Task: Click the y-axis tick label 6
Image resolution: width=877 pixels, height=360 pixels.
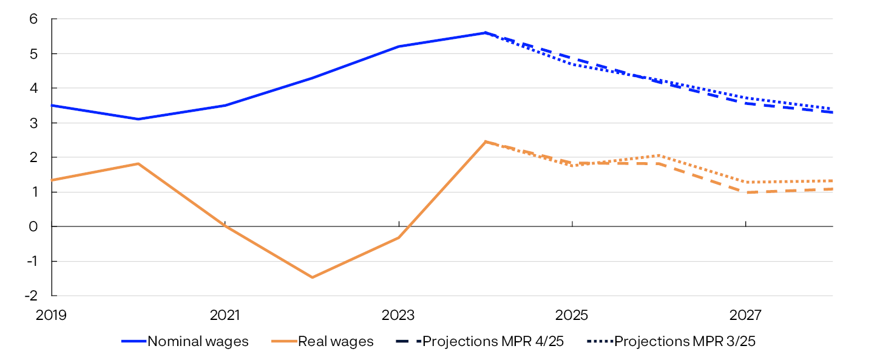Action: pyautogui.click(x=34, y=19)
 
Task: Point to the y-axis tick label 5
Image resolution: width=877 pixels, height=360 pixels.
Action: pyautogui.click(x=34, y=54)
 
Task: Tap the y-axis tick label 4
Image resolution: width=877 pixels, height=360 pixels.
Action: pyautogui.click(x=34, y=89)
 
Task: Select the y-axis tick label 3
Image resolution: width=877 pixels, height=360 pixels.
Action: pyautogui.click(x=34, y=123)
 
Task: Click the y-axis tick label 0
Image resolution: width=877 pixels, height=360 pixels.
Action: pyautogui.click(x=34, y=226)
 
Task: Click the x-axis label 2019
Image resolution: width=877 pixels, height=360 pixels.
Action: pyautogui.click(x=52, y=316)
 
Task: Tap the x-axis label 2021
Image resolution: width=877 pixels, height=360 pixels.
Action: pyautogui.click(x=225, y=316)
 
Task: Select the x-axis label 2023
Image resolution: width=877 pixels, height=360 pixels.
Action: pyautogui.click(x=398, y=316)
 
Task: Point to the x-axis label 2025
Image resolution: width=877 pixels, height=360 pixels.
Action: pyautogui.click(x=572, y=316)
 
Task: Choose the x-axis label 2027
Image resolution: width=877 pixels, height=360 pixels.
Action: pyautogui.click(x=745, y=316)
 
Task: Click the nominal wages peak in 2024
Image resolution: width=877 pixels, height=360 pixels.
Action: pyautogui.click(x=485, y=33)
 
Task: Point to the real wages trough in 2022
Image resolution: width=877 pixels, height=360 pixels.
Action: pyautogui.click(x=312, y=277)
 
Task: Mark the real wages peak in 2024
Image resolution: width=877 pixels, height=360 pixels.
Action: pyautogui.click(x=485, y=141)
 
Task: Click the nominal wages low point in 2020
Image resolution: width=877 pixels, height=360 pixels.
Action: pyautogui.click(x=138, y=119)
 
